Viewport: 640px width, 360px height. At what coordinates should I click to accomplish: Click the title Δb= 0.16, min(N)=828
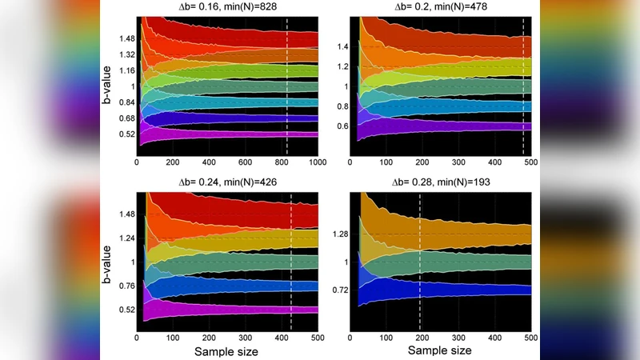click(228, 7)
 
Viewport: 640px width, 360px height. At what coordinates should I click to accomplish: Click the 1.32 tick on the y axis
click(126, 54)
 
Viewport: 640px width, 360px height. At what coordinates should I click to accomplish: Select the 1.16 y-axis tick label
click(126, 70)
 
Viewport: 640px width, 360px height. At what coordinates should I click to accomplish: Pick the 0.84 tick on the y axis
click(126, 102)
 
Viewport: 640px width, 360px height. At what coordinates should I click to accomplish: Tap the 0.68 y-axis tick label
click(126, 118)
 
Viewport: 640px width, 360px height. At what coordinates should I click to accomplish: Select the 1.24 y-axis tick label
click(126, 238)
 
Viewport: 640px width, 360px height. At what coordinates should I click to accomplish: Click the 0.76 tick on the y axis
click(126, 286)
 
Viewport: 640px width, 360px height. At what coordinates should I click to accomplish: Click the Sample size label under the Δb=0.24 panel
click(228, 350)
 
